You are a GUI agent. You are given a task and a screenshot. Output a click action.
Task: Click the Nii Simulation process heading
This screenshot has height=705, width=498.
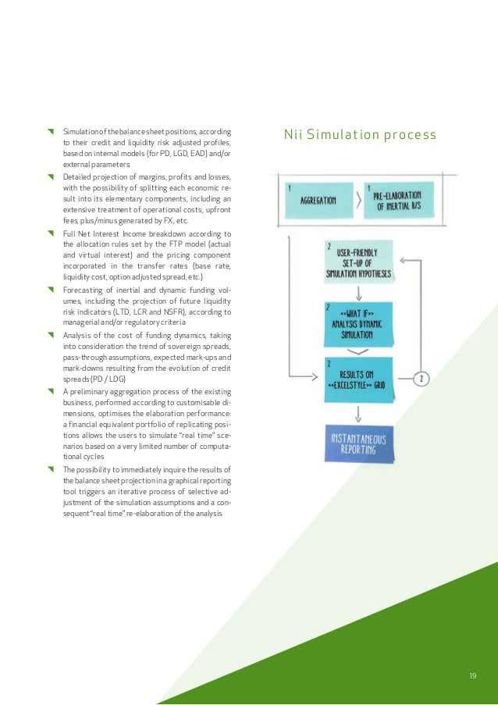[361, 135]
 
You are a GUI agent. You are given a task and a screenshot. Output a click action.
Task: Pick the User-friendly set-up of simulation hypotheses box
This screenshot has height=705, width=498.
[358, 263]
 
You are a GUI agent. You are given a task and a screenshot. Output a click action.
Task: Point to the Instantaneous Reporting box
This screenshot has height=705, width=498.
[358, 444]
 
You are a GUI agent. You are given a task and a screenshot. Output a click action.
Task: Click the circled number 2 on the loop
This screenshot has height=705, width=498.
[422, 379]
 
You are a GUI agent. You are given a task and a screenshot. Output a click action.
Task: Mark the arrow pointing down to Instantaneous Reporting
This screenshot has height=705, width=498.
[358, 411]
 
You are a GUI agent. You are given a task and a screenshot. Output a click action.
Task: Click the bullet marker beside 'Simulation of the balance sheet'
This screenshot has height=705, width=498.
[51, 130]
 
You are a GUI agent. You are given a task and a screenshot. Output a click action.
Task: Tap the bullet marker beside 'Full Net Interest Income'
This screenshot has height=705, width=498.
[51, 233]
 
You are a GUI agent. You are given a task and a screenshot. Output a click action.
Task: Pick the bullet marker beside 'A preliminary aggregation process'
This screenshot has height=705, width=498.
[51, 390]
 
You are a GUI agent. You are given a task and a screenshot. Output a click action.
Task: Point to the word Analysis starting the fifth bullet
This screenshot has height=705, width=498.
[77, 335]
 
